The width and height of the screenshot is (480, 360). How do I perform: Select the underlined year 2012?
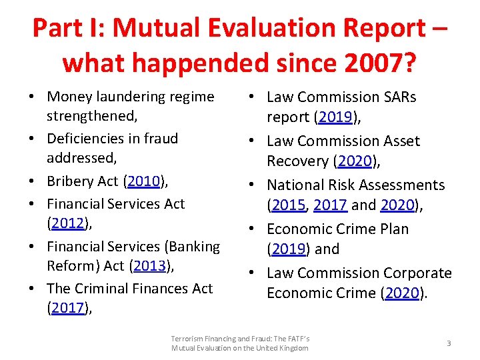coord(69,224)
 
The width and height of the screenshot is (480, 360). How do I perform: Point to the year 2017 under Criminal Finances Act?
coord(69,309)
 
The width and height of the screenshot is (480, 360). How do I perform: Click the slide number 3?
coord(449,343)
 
